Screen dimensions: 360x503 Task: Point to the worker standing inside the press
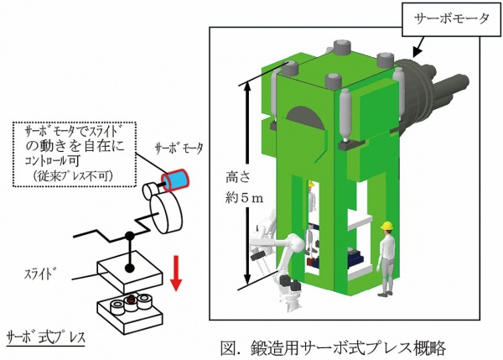pyautogui.click(x=311, y=202)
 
